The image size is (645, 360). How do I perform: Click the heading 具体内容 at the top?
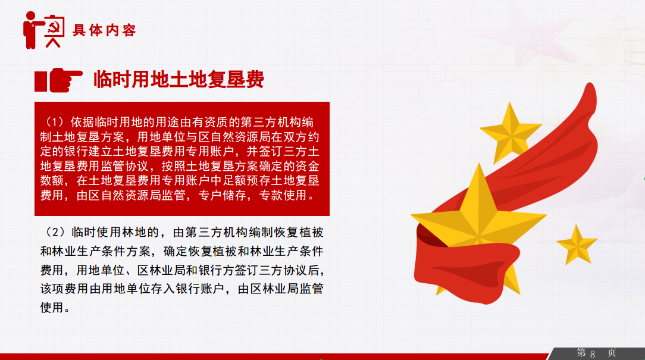pyautogui.click(x=104, y=30)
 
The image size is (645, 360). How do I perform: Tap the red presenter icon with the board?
pyautogui.click(x=44, y=30)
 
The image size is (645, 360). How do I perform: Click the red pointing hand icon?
pyautogui.click(x=58, y=80)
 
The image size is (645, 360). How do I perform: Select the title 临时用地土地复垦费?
pyautogui.click(x=179, y=79)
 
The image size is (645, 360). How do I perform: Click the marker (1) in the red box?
pyautogui.click(x=55, y=122)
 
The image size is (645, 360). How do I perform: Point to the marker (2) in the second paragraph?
pyautogui.click(x=55, y=233)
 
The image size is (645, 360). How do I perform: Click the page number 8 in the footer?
pyautogui.click(x=593, y=354)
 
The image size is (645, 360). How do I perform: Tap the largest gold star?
pyautogui.click(x=479, y=218)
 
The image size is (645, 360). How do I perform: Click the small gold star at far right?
pyautogui.click(x=577, y=245)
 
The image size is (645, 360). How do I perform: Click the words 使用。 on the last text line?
pyautogui.click(x=55, y=307)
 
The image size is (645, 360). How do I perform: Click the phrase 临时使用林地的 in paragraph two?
pyautogui.click(x=115, y=233)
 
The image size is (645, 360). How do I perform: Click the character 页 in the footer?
pyautogui.click(x=612, y=353)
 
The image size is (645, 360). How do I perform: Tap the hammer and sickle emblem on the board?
pyautogui.click(x=54, y=27)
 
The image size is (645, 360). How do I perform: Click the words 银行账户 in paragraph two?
pyautogui.click(x=200, y=289)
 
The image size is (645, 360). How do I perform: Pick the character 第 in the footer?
pyautogui.click(x=581, y=353)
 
